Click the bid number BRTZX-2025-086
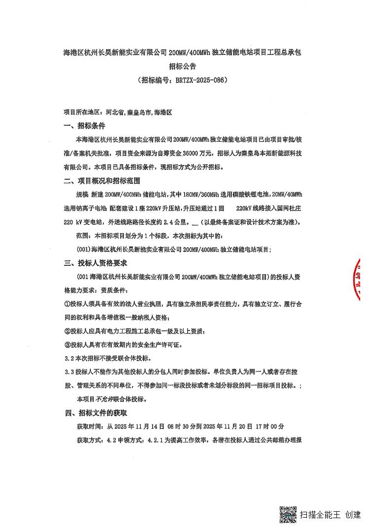point(202,80)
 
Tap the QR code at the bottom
point(288,515)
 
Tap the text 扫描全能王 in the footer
point(320,515)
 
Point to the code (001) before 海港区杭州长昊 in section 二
point(84,249)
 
